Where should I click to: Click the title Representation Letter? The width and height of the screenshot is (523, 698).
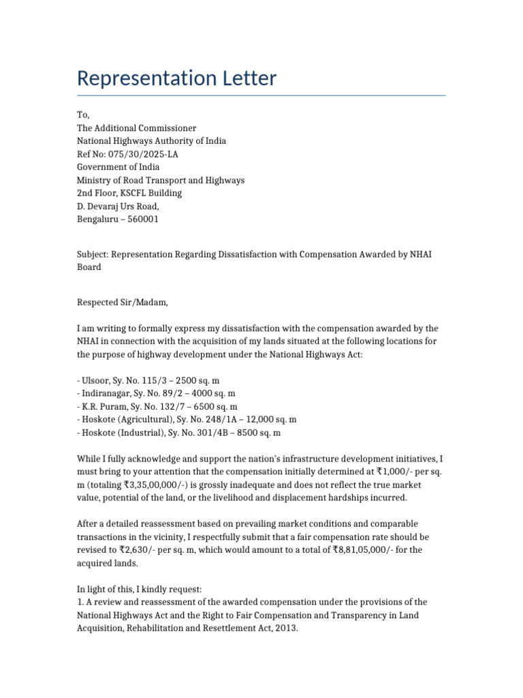pyautogui.click(x=176, y=78)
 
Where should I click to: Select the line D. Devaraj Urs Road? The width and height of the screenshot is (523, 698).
pyautogui.click(x=118, y=206)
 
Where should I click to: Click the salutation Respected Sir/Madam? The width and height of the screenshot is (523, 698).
pyautogui.click(x=122, y=302)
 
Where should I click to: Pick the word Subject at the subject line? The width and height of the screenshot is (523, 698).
pyautogui.click(x=92, y=254)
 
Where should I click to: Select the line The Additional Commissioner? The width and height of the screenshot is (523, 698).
pyautogui.click(x=136, y=128)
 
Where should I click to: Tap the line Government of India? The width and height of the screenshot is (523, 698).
pyautogui.click(x=118, y=167)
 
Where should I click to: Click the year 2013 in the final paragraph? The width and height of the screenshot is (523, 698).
pyautogui.click(x=287, y=628)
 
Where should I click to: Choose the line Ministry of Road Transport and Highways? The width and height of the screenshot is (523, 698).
pyautogui.click(x=160, y=180)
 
